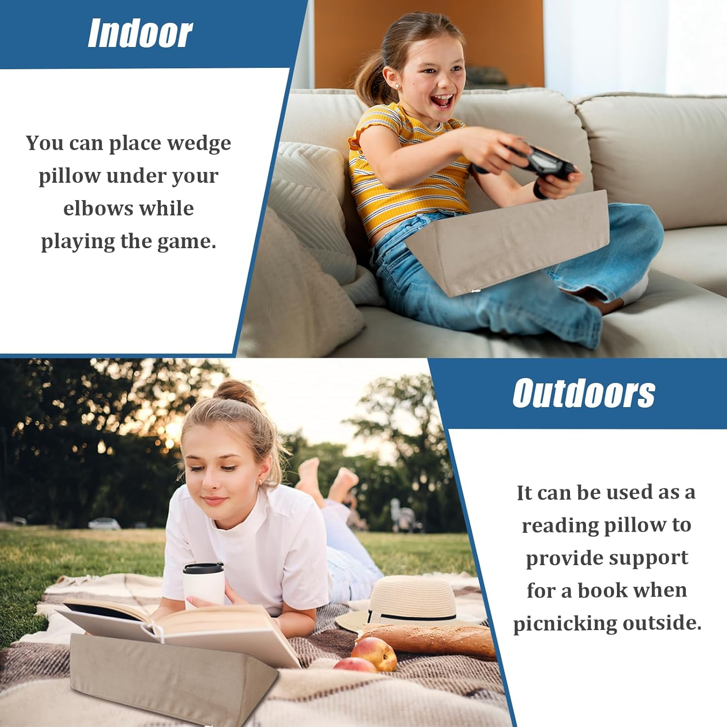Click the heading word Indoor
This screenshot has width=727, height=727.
pyautogui.click(x=140, y=33)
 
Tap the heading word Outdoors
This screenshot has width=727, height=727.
pyautogui.click(x=584, y=393)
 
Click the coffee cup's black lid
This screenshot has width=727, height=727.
pyautogui.click(x=204, y=568)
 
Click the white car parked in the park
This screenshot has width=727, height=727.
pyautogui.click(x=104, y=523)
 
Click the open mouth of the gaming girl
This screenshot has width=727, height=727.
pyautogui.click(x=442, y=101)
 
